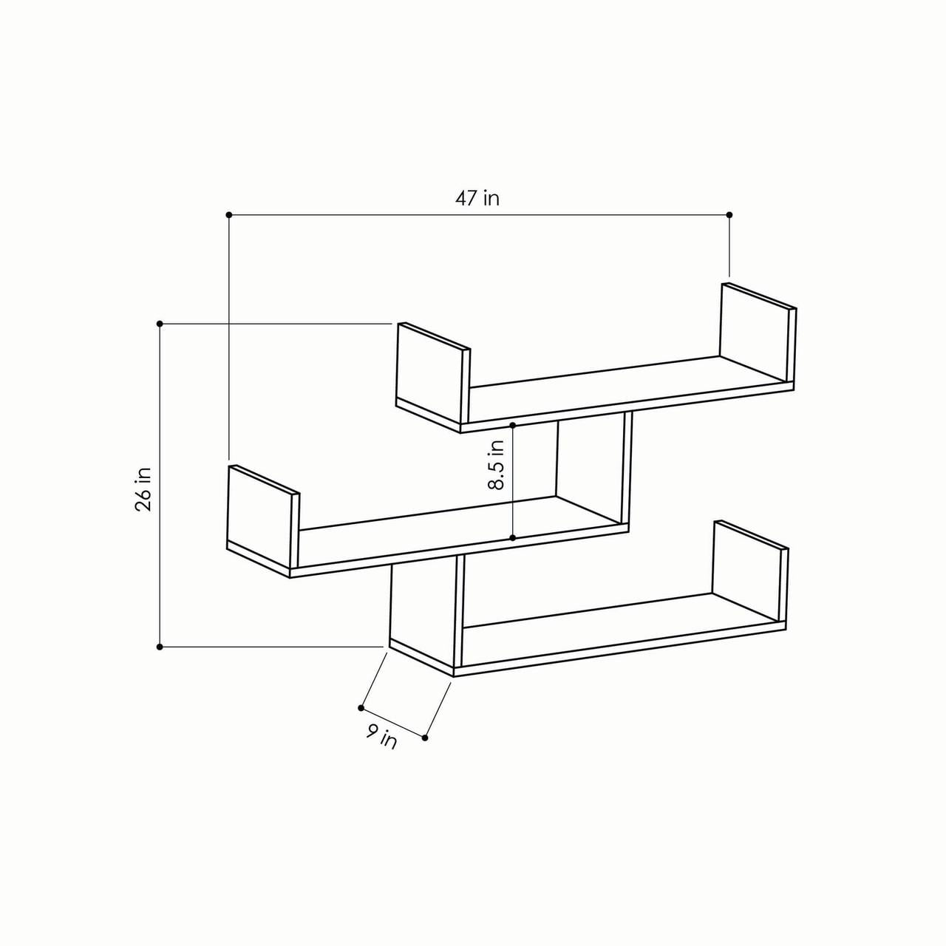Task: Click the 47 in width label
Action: pyautogui.click(x=477, y=199)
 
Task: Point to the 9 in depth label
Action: pyautogui.click(x=381, y=736)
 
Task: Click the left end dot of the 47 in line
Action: pyautogui.click(x=229, y=215)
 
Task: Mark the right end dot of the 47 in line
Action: pyautogui.click(x=729, y=215)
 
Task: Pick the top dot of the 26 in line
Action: pyautogui.click(x=160, y=324)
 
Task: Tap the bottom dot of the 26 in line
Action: pyautogui.click(x=160, y=647)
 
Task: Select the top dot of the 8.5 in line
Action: pyautogui.click(x=513, y=426)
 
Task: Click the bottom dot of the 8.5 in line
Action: pyautogui.click(x=513, y=537)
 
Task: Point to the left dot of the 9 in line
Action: pyautogui.click(x=361, y=707)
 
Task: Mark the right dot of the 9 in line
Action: pyautogui.click(x=426, y=737)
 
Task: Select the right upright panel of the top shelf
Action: pyautogui.click(x=755, y=333)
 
